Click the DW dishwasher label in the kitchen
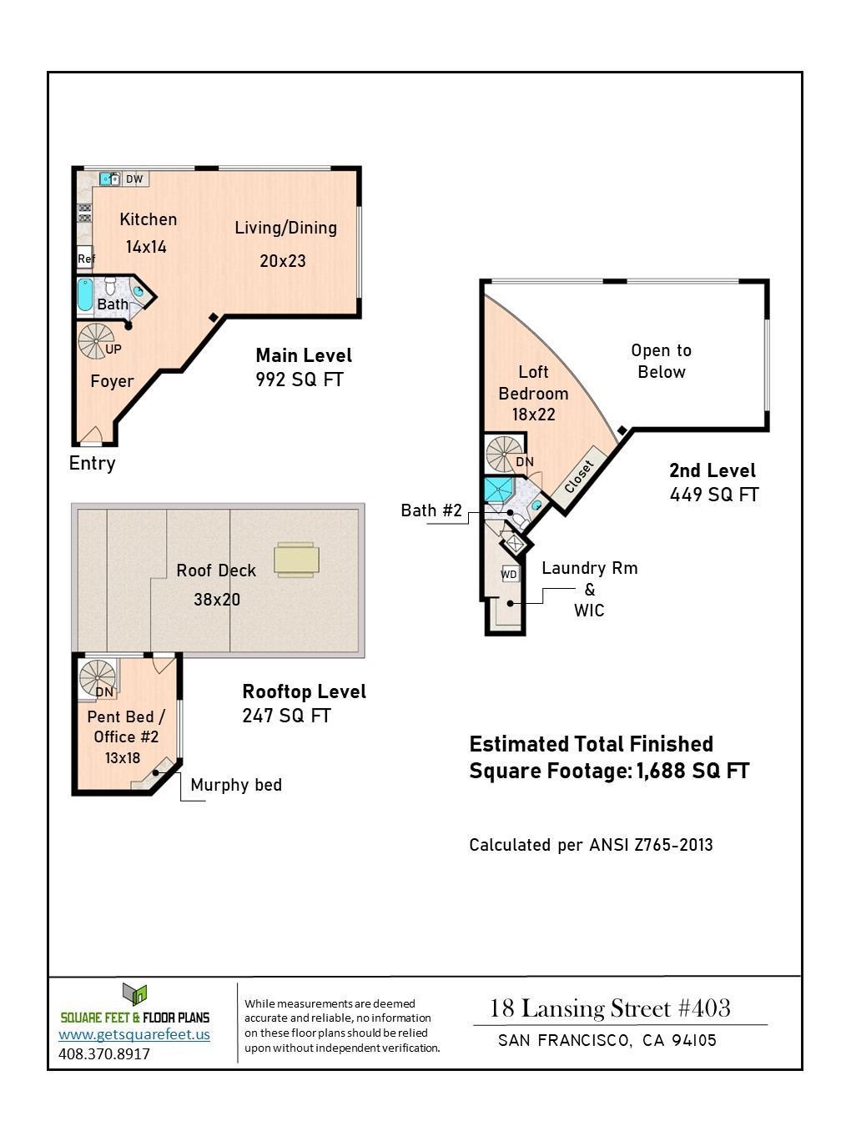[x=134, y=179]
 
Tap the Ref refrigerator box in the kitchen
[x=85, y=259]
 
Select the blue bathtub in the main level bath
[x=84, y=296]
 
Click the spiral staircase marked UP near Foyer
[x=95, y=340]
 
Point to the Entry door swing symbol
[x=90, y=436]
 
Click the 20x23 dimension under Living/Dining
[x=282, y=261]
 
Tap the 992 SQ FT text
[x=300, y=380]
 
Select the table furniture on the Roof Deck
[x=296, y=560]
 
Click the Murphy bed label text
[x=236, y=785]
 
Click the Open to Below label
[x=661, y=361]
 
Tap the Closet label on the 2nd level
[x=579, y=476]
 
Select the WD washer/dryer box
[x=509, y=575]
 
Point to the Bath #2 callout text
[x=431, y=510]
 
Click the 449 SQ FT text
[x=714, y=495]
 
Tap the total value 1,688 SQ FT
[x=692, y=771]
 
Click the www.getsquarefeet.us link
[x=134, y=1034]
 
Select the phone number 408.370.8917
[x=104, y=1053]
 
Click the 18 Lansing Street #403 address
[x=610, y=1008]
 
